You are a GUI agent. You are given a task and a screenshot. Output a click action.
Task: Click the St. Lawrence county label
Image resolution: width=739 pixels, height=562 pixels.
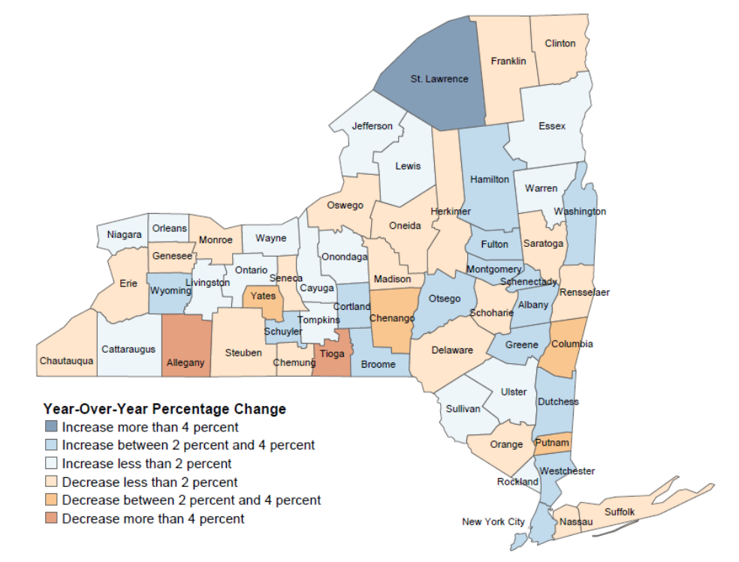(x=439, y=79)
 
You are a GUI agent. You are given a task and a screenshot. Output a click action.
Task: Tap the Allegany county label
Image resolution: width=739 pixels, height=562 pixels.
(x=185, y=363)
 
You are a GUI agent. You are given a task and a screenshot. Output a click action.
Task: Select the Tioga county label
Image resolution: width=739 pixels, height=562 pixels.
(x=332, y=353)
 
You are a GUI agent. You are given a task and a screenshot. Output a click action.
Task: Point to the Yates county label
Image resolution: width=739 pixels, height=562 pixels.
(x=263, y=296)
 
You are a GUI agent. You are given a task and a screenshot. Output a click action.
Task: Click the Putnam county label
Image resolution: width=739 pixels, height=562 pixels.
(x=552, y=443)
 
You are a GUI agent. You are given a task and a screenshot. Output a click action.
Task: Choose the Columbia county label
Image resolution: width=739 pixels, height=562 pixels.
(x=572, y=344)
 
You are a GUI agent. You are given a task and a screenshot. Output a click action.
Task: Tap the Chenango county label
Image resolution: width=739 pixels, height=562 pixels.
(x=392, y=318)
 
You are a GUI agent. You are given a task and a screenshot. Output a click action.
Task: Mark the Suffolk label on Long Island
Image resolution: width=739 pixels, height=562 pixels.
(x=620, y=512)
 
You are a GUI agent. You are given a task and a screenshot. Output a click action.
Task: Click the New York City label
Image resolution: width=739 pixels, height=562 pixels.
(x=493, y=521)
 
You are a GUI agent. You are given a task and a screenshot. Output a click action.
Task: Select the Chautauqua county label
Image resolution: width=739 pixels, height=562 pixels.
(x=67, y=361)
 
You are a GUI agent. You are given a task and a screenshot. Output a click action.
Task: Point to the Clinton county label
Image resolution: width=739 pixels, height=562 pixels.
(x=560, y=44)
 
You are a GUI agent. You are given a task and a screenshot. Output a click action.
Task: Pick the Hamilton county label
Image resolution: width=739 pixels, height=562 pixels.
(x=490, y=179)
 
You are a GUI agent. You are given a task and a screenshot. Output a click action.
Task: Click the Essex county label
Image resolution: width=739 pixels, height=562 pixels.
(x=552, y=126)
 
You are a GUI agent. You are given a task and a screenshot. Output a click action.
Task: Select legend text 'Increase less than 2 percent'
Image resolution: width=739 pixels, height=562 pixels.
(x=146, y=464)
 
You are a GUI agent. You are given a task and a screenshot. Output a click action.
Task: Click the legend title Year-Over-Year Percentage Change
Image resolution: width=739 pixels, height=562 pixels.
(x=164, y=409)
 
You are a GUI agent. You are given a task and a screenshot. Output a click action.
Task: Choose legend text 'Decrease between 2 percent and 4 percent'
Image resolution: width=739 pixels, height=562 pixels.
(x=192, y=500)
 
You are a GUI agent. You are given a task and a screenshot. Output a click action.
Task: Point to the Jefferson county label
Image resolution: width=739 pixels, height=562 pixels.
(x=373, y=125)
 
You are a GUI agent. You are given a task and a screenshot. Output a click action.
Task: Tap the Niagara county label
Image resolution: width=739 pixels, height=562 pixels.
(x=124, y=235)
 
